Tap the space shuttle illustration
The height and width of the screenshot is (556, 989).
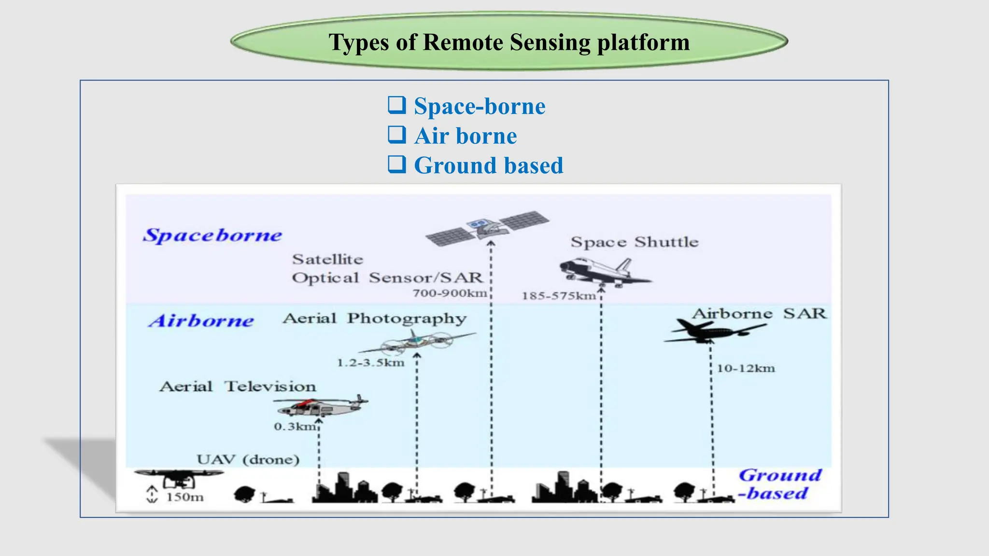(604, 272)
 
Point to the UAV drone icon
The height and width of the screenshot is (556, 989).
(179, 478)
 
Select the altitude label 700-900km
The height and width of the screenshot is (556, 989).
(450, 293)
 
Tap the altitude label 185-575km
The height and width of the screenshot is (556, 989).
(559, 296)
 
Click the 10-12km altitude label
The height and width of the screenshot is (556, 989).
(746, 369)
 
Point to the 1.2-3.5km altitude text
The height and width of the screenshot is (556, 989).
(370, 363)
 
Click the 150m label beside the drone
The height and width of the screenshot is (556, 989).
(185, 497)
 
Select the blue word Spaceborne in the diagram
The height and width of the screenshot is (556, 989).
(212, 236)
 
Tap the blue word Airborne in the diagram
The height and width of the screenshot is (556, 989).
(201, 321)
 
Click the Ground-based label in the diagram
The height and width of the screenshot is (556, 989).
(778, 484)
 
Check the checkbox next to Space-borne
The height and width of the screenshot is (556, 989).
(397, 105)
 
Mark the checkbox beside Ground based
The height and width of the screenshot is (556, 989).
(397, 164)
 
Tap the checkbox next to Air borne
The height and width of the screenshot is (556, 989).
(397, 135)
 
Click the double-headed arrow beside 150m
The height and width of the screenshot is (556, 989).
(152, 495)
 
